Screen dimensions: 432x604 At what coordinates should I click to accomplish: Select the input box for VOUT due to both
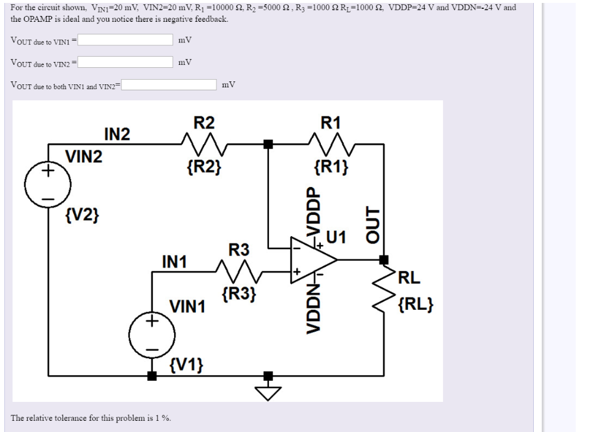click(169, 85)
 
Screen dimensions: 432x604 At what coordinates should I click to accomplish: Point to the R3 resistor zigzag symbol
click(239, 272)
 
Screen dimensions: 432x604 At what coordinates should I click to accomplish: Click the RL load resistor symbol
click(384, 293)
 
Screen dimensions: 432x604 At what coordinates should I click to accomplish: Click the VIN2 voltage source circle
click(48, 184)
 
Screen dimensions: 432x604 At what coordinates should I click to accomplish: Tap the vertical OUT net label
click(370, 224)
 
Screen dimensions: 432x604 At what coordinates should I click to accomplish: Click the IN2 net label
click(117, 135)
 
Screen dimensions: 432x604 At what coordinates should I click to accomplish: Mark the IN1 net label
click(174, 261)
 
